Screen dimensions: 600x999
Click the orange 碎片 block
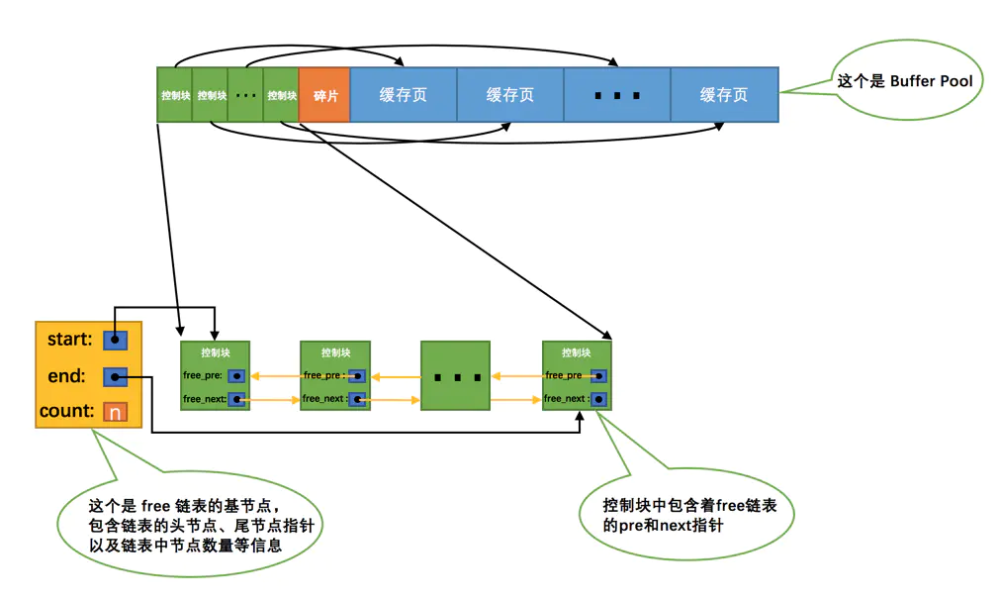[x=324, y=95]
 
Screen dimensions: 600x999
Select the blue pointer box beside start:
[x=116, y=340]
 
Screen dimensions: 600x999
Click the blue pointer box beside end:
[x=116, y=376]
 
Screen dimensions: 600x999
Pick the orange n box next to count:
[x=116, y=412]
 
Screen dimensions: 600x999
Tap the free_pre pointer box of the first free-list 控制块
[x=236, y=376]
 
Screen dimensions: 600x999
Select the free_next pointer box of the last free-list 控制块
[x=599, y=399]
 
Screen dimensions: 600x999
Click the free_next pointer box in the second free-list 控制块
[x=357, y=399]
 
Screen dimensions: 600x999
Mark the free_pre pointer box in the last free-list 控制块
[x=599, y=376]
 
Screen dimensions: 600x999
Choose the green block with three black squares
[x=455, y=376]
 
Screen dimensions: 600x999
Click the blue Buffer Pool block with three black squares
[x=617, y=95]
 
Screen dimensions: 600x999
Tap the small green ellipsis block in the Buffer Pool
[x=246, y=95]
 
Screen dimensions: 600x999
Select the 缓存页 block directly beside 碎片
[x=404, y=95]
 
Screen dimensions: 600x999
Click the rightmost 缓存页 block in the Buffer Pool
[x=724, y=95]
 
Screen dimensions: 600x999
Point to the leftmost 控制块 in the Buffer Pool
[x=175, y=95]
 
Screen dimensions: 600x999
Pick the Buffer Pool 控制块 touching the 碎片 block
[x=282, y=95]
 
